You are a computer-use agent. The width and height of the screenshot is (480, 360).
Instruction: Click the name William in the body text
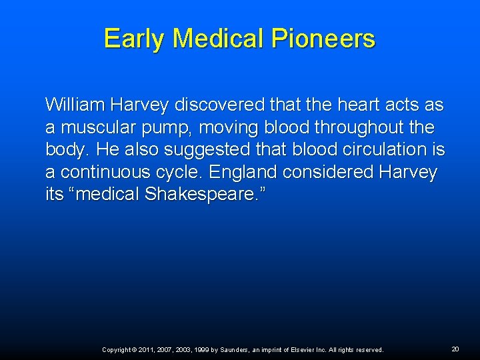74,105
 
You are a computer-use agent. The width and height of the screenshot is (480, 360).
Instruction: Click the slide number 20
455,349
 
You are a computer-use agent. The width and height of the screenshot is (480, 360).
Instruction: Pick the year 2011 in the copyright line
147,350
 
